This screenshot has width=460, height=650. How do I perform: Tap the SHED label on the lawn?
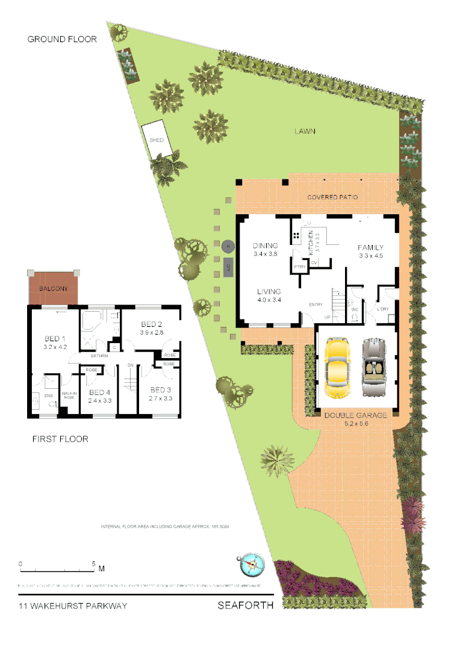pos(157,140)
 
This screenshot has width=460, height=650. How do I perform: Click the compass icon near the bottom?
pos(251,564)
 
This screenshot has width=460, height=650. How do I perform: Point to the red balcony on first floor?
pos(55,288)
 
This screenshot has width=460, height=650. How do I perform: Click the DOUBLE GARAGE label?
pos(355,415)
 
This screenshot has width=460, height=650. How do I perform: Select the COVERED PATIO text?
pos(332,197)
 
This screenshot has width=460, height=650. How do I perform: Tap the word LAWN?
pos(305,131)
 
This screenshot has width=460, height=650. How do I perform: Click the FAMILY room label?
pos(371,247)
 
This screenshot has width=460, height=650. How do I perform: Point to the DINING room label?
pos(265,246)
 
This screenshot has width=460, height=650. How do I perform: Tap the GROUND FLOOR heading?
pos(62,39)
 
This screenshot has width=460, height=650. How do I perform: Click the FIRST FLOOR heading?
pos(60,439)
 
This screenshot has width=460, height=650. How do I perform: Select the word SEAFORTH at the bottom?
pos(245,605)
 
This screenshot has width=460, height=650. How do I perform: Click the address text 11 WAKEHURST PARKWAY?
pos(73,605)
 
